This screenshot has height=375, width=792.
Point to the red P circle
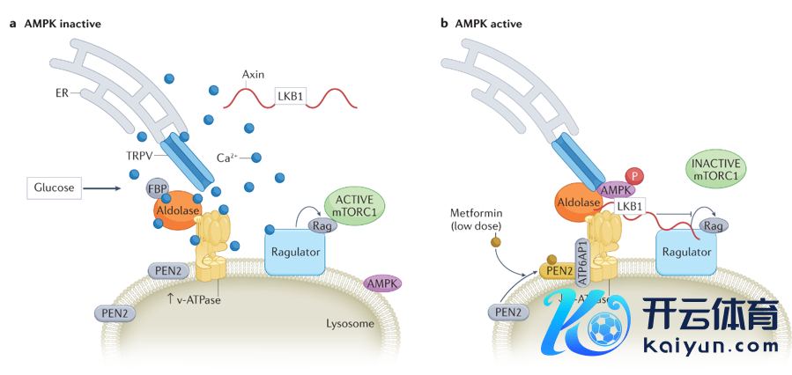pos(632,176)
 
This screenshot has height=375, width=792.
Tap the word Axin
pos(253,75)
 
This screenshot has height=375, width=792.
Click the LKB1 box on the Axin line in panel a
pos(288,96)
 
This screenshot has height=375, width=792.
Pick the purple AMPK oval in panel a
pos(382,283)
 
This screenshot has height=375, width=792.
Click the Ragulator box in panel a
pos(296,253)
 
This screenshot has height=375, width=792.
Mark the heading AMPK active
pos(488,24)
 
